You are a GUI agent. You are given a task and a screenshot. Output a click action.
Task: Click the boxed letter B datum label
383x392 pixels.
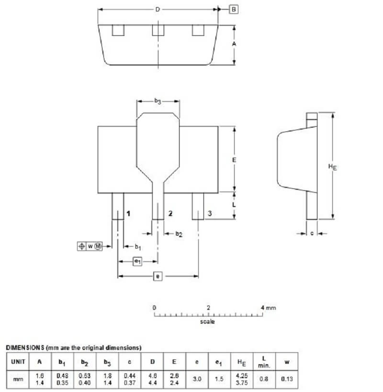coord(233,10)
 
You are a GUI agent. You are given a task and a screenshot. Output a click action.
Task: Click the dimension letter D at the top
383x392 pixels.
coord(157,9)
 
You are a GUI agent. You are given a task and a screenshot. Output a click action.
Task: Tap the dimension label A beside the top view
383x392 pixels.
coord(235,44)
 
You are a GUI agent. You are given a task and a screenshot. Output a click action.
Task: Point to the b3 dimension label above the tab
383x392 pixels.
coord(158,101)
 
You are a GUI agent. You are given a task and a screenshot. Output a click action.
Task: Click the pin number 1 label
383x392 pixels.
coord(128,213)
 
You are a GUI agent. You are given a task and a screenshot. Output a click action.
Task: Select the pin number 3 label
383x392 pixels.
coord(209,213)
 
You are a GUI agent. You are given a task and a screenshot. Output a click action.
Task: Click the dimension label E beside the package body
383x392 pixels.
coord(234,160)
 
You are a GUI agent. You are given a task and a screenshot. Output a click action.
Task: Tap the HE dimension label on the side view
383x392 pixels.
coord(332,166)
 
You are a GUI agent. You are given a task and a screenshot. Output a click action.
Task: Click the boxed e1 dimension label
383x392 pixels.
coord(137,261)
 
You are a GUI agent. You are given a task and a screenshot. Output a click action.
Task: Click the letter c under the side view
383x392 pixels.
coord(312,233)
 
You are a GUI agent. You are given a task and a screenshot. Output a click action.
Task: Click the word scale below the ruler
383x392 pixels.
coord(207,322)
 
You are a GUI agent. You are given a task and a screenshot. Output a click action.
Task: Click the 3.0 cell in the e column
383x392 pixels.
coord(197,379)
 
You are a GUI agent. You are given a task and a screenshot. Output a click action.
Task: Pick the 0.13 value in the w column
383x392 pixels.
coord(286,379)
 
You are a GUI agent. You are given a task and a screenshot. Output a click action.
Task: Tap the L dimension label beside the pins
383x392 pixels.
coord(234,204)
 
